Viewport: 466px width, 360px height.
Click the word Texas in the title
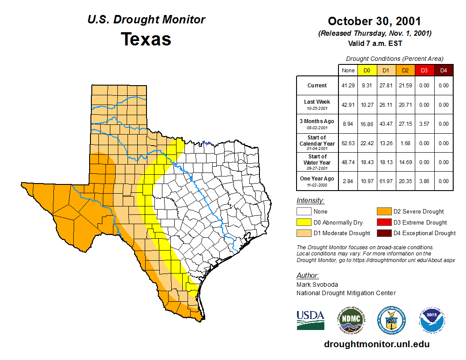point(146,39)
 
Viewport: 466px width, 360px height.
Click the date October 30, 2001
point(374,21)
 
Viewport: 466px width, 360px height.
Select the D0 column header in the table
point(367,70)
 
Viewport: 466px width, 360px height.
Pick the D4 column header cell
point(443,70)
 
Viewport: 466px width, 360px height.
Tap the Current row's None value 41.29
point(348,86)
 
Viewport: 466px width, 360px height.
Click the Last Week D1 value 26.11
point(386,105)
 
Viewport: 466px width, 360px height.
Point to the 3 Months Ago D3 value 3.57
point(424,124)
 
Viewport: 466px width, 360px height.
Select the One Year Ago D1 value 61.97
point(386,181)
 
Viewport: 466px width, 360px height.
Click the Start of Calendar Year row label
point(317,143)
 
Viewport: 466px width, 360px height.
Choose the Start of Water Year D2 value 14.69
point(405,162)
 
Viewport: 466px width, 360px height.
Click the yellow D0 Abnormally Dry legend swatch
point(304,222)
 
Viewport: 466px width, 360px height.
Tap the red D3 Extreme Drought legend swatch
point(383,222)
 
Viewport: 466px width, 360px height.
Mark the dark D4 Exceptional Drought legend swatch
point(383,233)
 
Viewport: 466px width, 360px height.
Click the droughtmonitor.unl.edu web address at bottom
point(376,344)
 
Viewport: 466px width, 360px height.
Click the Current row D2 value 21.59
point(405,86)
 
